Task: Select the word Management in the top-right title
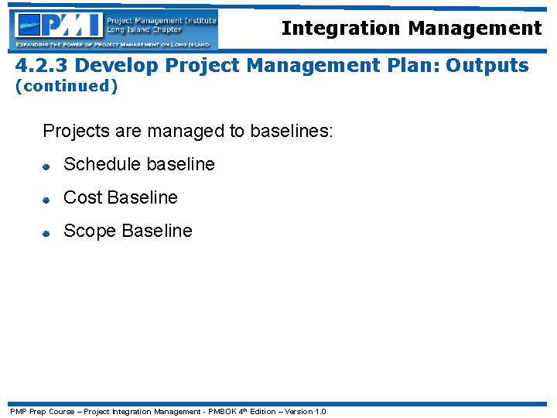tap(474, 29)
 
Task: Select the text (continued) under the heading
tap(67, 86)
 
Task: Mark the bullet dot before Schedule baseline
tap(46, 166)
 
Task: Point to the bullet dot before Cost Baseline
tap(46, 199)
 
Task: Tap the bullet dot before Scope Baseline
tap(46, 232)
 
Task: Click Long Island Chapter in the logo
tap(145, 30)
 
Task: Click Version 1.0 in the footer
tap(306, 411)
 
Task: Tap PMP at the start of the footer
tap(18, 411)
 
